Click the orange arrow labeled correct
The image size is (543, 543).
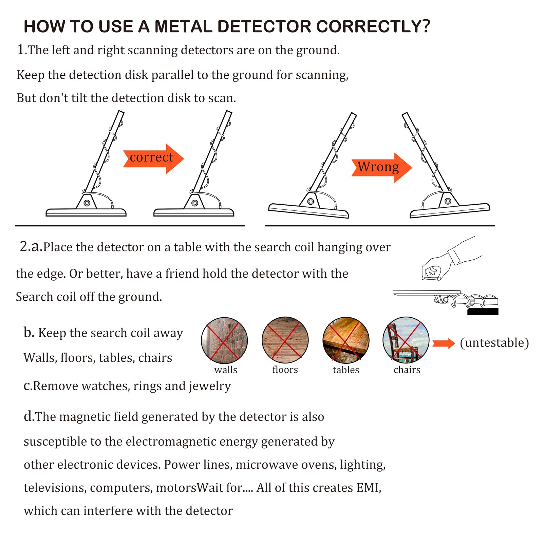point(153,158)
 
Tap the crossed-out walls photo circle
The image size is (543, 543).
point(224,340)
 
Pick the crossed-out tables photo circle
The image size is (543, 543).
point(346,340)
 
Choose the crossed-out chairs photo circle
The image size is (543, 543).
point(406,340)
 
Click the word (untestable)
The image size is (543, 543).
point(494,343)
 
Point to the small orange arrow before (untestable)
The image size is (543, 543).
point(443,343)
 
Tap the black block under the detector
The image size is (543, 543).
point(483,312)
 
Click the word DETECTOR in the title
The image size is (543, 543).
point(264,27)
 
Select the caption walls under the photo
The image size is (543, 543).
point(226,370)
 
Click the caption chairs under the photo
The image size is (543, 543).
point(407,370)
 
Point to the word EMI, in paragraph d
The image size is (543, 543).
point(369,488)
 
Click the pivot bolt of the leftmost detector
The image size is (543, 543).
point(87,203)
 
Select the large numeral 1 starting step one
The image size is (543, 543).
point(20,50)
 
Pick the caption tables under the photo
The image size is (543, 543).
point(346,370)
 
